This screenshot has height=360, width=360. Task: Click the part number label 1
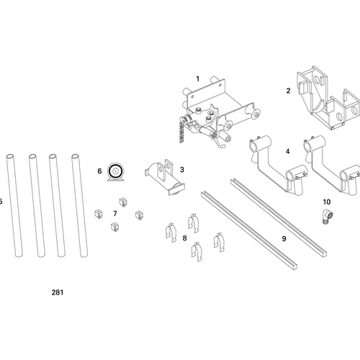[197, 78]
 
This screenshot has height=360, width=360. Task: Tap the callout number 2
[288, 91]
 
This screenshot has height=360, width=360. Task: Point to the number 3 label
[182, 170]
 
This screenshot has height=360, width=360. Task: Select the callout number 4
[288, 151]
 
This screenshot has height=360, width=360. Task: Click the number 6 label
[100, 171]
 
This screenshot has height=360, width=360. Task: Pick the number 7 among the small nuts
[114, 214]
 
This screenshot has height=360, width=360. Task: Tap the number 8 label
[184, 237]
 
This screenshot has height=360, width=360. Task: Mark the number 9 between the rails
[284, 238]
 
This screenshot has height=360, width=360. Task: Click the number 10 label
[326, 202]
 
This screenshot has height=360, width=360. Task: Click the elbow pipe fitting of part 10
[326, 216]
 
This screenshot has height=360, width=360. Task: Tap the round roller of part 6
[114, 171]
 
